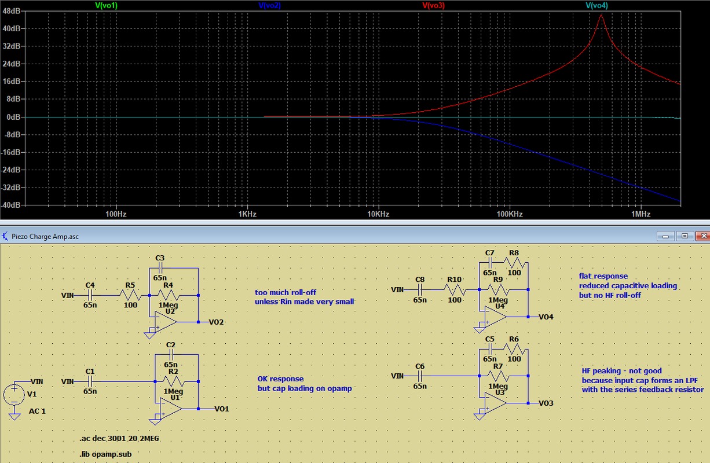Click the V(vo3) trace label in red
pos(434,5)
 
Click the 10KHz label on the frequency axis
pos(378,214)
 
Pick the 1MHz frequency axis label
pos(641,214)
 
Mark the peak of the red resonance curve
pos(601,14)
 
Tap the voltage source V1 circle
pos(13,395)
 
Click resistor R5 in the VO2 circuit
pos(130,295)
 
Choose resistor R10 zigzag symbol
pos(455,289)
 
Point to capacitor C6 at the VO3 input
pos(420,376)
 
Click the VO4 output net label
pos(546,317)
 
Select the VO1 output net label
pos(222,409)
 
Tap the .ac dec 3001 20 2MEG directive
pos(119,439)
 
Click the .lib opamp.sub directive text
pos(105,454)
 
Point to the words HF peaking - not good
pos(621,371)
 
